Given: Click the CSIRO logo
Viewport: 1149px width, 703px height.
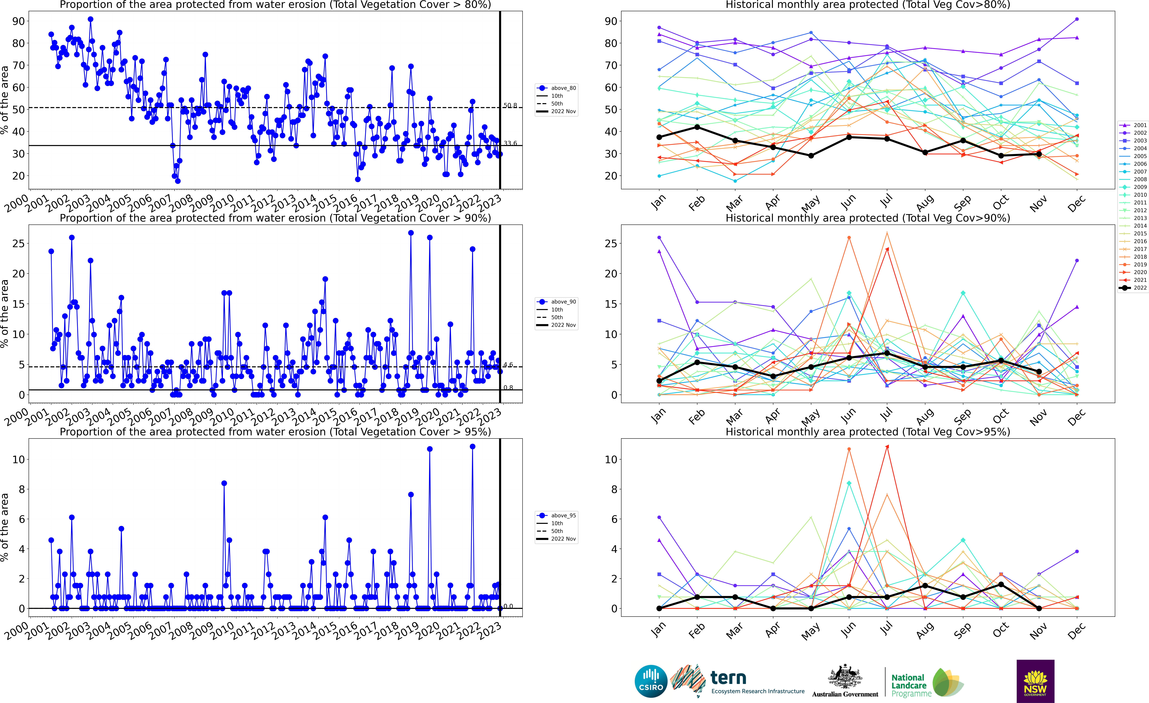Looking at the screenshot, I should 651,681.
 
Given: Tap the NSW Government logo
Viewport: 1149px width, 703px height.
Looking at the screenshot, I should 1035,681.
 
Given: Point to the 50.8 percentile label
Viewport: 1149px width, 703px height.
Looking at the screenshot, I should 510,105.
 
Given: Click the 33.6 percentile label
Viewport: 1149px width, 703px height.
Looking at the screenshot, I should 510,143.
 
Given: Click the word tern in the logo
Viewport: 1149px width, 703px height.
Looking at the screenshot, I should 728,677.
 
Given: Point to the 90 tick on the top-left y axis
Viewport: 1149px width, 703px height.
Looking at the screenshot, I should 19,21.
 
